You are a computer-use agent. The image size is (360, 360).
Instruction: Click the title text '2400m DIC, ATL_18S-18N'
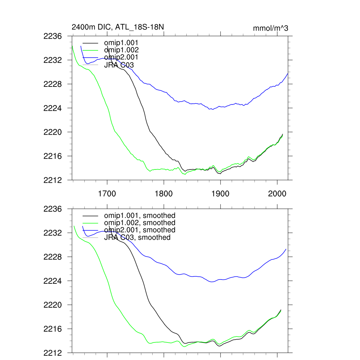(x=118, y=27)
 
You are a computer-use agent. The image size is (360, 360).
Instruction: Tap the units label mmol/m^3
(x=270, y=28)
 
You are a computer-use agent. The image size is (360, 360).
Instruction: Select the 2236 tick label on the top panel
(x=53, y=36)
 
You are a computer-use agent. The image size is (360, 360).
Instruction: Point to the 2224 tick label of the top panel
(x=53, y=108)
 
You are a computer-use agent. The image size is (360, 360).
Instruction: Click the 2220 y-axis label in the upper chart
(x=53, y=132)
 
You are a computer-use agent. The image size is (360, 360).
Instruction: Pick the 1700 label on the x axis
(x=107, y=194)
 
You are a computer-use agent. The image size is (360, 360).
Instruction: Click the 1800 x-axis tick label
(x=164, y=194)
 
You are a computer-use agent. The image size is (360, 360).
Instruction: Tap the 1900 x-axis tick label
(x=220, y=194)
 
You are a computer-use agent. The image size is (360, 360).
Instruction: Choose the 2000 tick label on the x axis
(x=277, y=194)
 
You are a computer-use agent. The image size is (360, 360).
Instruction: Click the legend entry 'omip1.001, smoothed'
(x=140, y=216)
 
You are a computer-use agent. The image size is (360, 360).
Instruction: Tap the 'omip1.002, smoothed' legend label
(x=140, y=223)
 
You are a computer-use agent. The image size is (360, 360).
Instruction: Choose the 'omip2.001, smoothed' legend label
(x=140, y=230)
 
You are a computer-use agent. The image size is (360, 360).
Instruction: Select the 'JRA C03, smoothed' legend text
(x=137, y=237)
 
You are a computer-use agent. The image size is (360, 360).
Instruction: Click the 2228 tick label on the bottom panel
(x=53, y=257)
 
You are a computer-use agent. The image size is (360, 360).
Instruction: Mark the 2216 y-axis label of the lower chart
(x=53, y=329)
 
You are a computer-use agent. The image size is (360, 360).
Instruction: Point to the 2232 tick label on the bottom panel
(x=53, y=233)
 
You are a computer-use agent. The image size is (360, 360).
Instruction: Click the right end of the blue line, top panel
(x=288, y=73)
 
